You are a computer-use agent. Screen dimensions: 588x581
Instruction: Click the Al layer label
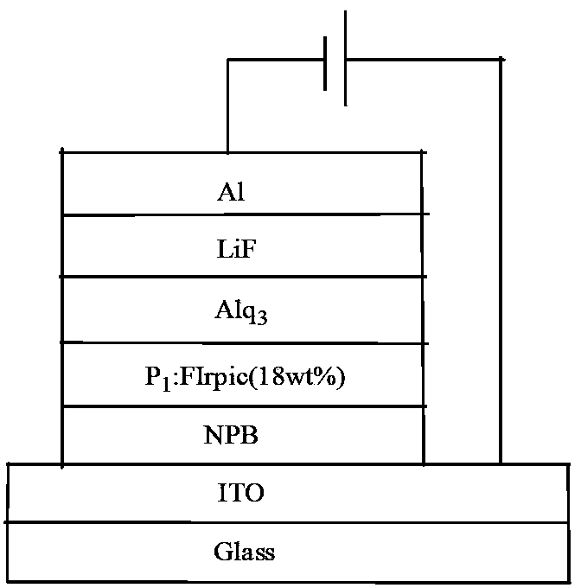pos(232,192)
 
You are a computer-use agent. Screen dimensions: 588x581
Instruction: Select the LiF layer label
pos(239,251)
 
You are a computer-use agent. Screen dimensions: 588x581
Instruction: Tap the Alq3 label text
pos(239,312)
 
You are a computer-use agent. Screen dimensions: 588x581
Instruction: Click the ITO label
pos(241,495)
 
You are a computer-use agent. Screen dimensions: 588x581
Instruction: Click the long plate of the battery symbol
pos(346,59)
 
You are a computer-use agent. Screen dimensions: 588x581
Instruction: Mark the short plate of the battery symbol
pos(326,62)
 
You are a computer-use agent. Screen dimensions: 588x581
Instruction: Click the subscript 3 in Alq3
pos(261,318)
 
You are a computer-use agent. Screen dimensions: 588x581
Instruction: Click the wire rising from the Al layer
pos(227,104)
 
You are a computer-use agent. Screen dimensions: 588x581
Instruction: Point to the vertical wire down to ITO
pos(500,259)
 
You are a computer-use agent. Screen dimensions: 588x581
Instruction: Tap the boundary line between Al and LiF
pos(242,215)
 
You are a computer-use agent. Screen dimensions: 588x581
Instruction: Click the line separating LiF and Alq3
pos(242,277)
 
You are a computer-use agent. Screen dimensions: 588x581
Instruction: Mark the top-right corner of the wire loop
pos(500,60)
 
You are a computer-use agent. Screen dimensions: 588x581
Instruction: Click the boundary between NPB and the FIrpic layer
pos(242,406)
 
